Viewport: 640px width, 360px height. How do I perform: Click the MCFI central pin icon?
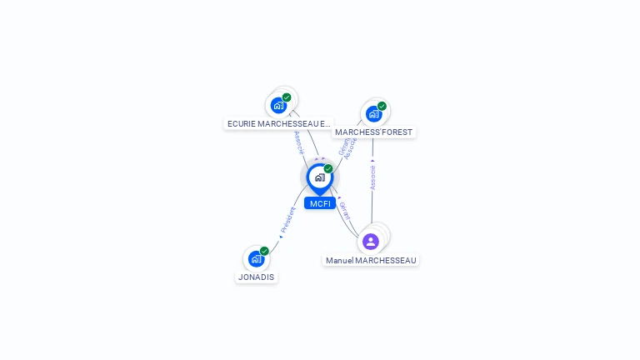(x=319, y=177)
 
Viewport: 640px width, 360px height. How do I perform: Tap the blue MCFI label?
(x=320, y=203)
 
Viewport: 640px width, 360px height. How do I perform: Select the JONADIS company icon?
(x=256, y=258)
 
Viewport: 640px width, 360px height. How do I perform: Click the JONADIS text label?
(x=256, y=277)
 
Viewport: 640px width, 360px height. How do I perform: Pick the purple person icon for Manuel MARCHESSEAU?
(x=371, y=242)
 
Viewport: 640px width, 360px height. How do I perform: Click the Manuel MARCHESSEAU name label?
(x=371, y=260)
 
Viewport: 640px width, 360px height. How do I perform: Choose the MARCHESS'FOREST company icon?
(x=373, y=113)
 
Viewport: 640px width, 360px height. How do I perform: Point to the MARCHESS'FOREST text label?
(x=373, y=132)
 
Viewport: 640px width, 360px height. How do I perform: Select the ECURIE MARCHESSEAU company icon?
(x=278, y=105)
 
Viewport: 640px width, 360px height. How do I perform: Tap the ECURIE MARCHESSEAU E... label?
(x=278, y=123)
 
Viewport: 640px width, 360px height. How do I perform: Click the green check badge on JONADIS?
(x=264, y=251)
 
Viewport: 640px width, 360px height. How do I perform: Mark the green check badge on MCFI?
(x=328, y=169)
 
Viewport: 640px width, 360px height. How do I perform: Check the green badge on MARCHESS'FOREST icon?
(x=382, y=106)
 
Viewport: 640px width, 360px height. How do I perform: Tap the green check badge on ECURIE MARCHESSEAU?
(x=287, y=97)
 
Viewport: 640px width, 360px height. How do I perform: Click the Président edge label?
(x=287, y=219)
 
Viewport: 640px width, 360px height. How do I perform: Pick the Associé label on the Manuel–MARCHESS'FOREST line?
(x=372, y=177)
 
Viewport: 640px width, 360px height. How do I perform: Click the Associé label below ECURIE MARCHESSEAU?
(x=298, y=142)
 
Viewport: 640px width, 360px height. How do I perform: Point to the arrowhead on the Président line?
(x=281, y=237)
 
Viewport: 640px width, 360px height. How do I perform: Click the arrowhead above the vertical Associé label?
(x=372, y=161)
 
